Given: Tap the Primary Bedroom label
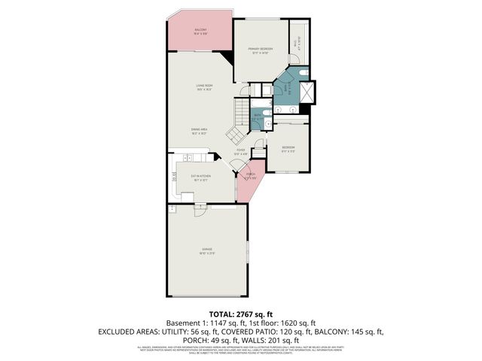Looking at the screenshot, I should (x=261, y=50).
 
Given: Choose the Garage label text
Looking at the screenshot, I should (x=206, y=250).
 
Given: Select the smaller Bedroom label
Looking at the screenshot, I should (x=288, y=148).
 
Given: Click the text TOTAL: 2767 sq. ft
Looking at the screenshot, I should (x=240, y=314).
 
